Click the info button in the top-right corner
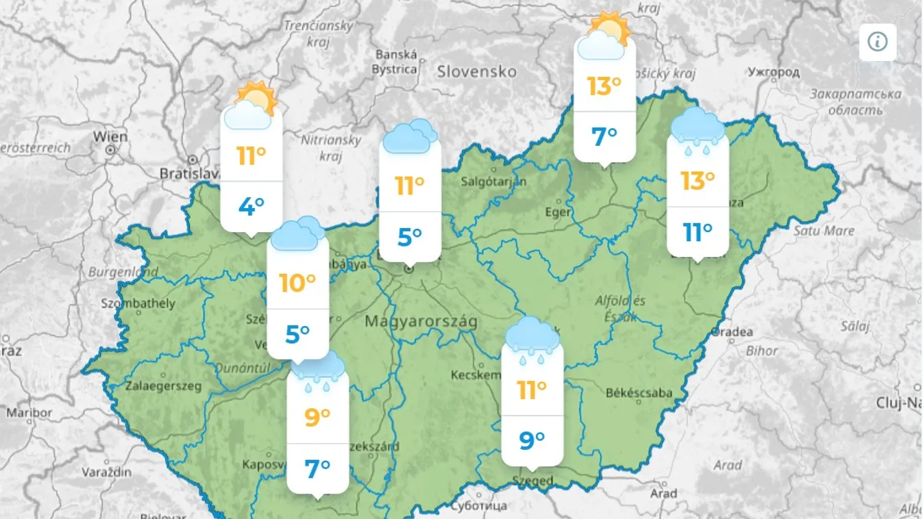pyautogui.click(x=878, y=42)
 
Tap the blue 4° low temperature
pyautogui.click(x=251, y=206)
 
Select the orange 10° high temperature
pyautogui.click(x=297, y=282)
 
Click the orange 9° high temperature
pyautogui.click(x=317, y=416)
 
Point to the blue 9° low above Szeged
pyautogui.click(x=532, y=440)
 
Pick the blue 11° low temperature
pyautogui.click(x=698, y=233)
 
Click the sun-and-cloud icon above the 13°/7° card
pyautogui.click(x=604, y=36)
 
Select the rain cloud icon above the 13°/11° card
pyautogui.click(x=697, y=127)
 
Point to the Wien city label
pyautogui.click(x=110, y=136)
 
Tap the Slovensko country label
pyautogui.click(x=476, y=71)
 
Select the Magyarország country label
pyautogui.click(x=421, y=320)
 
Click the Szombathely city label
pyautogui.click(x=138, y=303)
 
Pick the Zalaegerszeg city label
pyautogui.click(x=163, y=386)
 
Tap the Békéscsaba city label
pyautogui.click(x=639, y=392)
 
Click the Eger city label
pyautogui.click(x=558, y=212)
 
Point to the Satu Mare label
pyautogui.click(x=824, y=231)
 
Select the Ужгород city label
pyautogui.click(x=774, y=71)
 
